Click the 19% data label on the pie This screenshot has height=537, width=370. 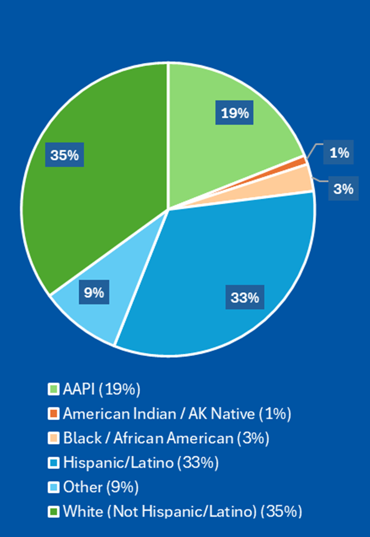(235, 113)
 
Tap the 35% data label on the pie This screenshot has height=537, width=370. (65, 155)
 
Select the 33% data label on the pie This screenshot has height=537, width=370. (244, 298)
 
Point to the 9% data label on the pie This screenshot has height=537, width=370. (94, 292)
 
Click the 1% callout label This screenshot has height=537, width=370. (339, 153)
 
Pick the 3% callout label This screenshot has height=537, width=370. (343, 188)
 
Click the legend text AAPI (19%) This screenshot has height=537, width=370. (102, 389)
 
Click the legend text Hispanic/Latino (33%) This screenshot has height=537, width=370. (141, 463)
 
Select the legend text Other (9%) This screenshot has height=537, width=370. (101, 487)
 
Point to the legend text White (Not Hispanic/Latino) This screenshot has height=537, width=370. (183, 512)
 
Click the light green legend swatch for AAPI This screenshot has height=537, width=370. (53, 389)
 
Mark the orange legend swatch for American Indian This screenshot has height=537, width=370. (53, 413)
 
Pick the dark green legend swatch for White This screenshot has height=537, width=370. (53, 512)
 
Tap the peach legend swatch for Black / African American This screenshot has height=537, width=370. (53, 438)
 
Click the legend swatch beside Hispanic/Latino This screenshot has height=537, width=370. (53, 463)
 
